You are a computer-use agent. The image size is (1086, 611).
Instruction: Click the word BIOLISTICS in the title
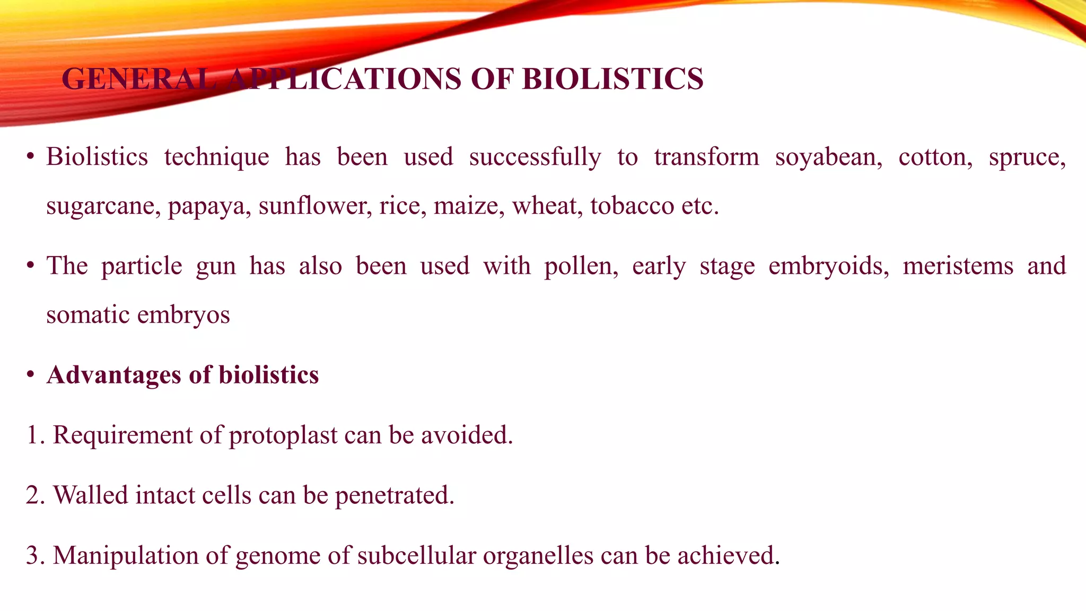(x=612, y=80)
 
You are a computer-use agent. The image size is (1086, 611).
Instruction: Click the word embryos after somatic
(x=183, y=316)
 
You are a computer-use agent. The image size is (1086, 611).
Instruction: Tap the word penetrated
(x=395, y=496)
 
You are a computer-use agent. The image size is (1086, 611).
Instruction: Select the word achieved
(x=728, y=556)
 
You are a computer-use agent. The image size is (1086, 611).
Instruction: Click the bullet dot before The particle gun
(x=31, y=265)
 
